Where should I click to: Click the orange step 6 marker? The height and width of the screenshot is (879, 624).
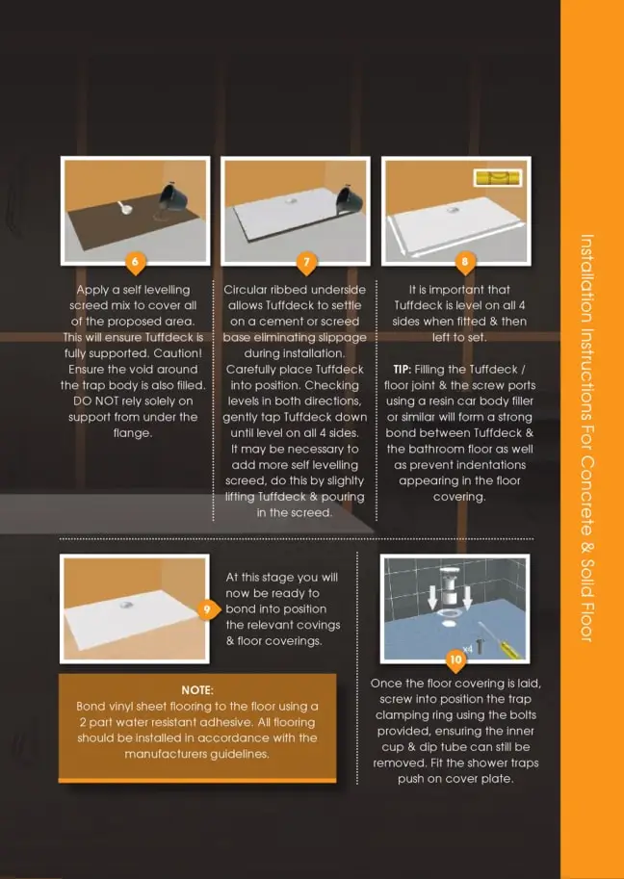135,263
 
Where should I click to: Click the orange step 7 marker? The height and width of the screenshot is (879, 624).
306,263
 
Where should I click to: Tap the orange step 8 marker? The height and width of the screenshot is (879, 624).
465,263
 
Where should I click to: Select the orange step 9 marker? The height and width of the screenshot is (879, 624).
208,609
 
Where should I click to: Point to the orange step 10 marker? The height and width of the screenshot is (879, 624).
455,659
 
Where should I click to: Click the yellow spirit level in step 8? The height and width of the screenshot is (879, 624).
497,178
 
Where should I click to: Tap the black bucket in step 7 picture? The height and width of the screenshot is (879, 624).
351,200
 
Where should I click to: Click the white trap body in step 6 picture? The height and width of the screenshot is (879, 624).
126,208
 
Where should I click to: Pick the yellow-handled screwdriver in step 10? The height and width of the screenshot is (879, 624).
501,639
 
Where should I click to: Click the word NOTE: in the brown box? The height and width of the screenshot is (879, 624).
197,690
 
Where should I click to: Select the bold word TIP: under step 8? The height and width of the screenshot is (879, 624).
403,370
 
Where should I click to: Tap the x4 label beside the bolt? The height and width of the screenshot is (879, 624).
468,649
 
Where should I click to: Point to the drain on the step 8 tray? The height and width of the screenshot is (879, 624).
453,210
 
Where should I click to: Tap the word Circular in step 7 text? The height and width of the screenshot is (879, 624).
246,290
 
